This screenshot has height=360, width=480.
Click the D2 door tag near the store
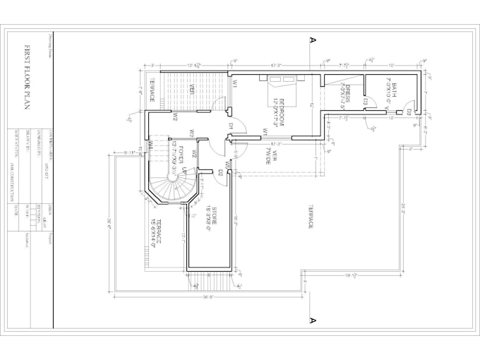[220, 172]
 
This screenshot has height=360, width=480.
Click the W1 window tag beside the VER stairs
[234, 83]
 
